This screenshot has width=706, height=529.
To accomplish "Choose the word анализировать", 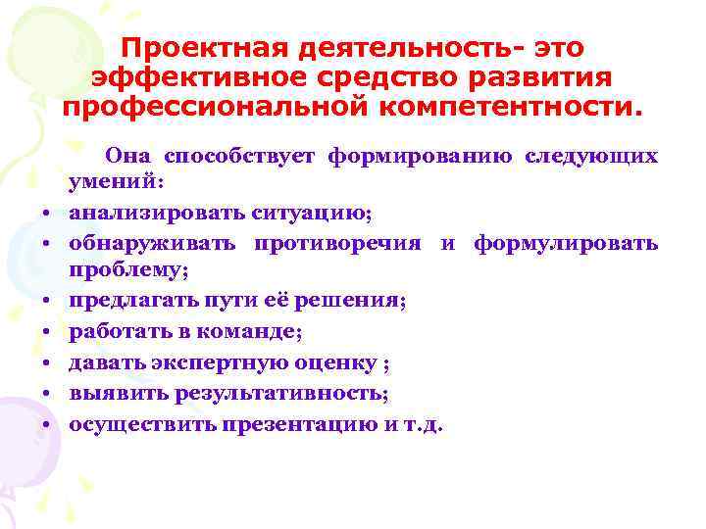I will pyautogui.click(x=142, y=211).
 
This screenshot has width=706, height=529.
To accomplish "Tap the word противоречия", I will pyautogui.click(x=337, y=241).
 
